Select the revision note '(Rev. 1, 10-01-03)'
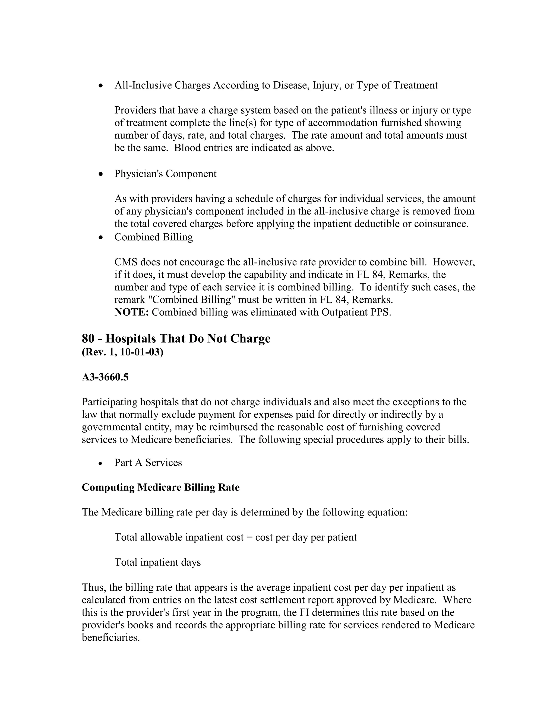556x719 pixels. pyautogui.click(x=122, y=352)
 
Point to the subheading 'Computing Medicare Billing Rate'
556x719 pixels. pyautogui.click(x=160, y=487)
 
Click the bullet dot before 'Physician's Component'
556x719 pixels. pyautogui.click(x=101, y=174)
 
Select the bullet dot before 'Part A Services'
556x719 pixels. pyautogui.click(x=101, y=463)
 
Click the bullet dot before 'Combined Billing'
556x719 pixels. pyautogui.click(x=101, y=237)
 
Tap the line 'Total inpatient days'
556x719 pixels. pyautogui.click(x=157, y=562)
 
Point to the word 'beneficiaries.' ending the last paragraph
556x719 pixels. pyautogui.click(x=111, y=638)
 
